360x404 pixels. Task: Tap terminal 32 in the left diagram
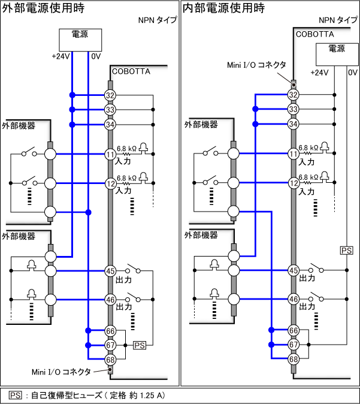[x=110, y=95]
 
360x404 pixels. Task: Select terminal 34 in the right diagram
[x=293, y=124]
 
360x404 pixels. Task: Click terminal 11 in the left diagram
[x=110, y=154]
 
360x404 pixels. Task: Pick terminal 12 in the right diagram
[x=293, y=183]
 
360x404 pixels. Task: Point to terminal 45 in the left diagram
[x=110, y=270]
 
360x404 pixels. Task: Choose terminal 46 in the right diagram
[x=293, y=299]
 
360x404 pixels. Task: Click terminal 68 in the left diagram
[x=110, y=360]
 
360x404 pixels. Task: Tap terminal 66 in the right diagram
[x=293, y=330]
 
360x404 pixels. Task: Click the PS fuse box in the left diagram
[x=139, y=345]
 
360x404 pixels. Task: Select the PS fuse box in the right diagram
[x=346, y=250]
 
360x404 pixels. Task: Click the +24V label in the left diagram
[x=61, y=57]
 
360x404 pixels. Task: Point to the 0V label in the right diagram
[x=352, y=73]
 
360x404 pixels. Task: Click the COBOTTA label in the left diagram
[x=131, y=71]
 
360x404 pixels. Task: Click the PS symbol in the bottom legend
[x=16, y=396]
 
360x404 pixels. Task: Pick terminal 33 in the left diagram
[x=110, y=110]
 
